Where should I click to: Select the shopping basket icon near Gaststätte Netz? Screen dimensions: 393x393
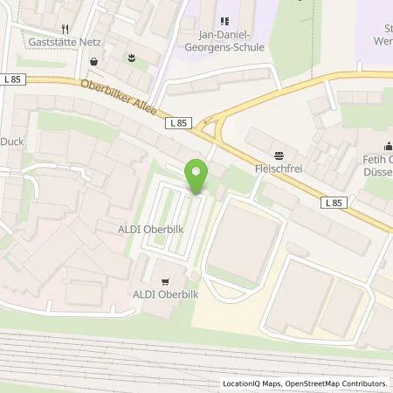pyautogui.click(x=93, y=63)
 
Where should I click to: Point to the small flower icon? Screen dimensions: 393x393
pyautogui.click(x=132, y=58)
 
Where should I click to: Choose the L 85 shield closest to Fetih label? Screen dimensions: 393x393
pyautogui.click(x=331, y=203)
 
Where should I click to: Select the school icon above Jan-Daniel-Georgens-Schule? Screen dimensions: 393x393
pyautogui.click(x=224, y=19)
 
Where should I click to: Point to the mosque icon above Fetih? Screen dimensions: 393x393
pyautogui.click(x=387, y=147)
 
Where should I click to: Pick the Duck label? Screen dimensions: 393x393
pyautogui.click(x=12, y=140)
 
